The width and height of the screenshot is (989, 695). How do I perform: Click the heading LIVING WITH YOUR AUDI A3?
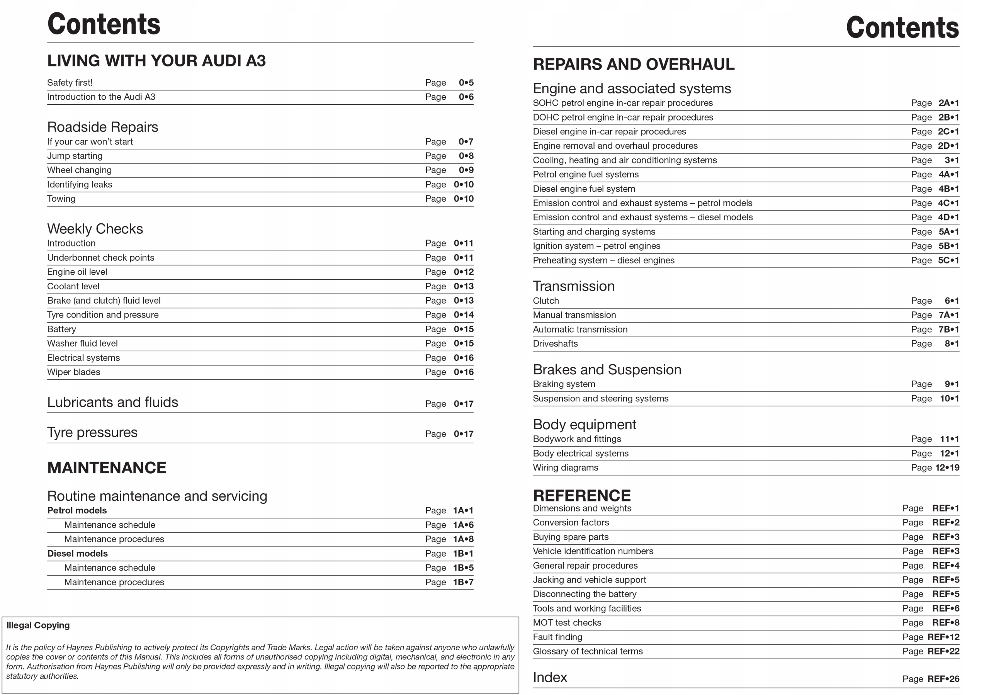coord(156,61)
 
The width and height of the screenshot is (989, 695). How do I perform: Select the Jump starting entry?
coord(75,156)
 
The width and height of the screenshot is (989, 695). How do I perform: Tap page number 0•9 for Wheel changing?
coord(466,170)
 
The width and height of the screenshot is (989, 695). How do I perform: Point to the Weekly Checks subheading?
coord(95,228)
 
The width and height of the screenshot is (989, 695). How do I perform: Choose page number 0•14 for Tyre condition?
coord(463,315)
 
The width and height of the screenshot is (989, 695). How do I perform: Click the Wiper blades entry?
coord(73,372)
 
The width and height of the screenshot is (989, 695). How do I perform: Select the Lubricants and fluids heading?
coord(112,402)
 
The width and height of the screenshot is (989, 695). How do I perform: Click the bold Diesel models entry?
coord(77,554)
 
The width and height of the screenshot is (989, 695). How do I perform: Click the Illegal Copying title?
coord(38,625)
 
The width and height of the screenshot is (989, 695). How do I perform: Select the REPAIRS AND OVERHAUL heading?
coord(633,64)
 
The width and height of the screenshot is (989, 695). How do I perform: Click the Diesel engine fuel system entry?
coord(584,189)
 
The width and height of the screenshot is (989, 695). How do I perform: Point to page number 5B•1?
coord(948,246)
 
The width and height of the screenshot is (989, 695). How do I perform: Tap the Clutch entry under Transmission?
coord(545,301)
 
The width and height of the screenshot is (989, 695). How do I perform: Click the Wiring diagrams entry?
coord(565,467)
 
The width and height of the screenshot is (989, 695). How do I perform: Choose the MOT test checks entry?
coord(567,623)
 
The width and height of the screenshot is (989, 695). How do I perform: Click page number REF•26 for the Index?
coord(943,679)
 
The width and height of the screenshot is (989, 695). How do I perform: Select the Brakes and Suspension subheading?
coord(607,370)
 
